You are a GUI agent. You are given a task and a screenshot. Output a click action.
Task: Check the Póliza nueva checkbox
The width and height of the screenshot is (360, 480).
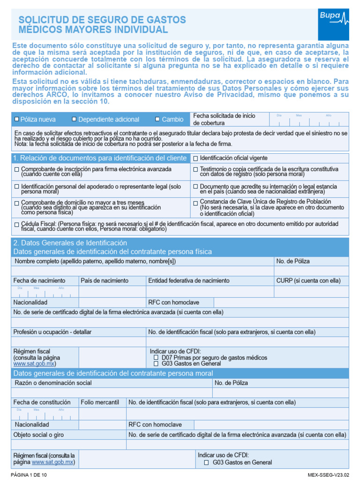[17, 120]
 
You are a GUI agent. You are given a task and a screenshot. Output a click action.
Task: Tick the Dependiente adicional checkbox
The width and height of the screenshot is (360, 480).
[74, 120]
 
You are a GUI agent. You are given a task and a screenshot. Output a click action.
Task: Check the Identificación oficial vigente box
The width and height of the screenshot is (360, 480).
[196, 158]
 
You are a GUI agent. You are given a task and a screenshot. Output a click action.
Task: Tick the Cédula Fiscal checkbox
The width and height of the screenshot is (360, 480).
[17, 225]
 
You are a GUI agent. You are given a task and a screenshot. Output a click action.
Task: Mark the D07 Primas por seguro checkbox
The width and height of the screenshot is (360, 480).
[157, 358]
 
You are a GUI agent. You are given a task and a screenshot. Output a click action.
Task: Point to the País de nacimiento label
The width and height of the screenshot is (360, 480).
[105, 280]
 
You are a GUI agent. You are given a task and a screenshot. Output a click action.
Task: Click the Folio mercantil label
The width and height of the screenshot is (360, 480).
[100, 402]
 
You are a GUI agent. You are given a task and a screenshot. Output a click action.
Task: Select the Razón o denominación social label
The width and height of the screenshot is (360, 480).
[52, 383]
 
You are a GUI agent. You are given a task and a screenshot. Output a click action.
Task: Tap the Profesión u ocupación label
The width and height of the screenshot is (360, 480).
[52, 332]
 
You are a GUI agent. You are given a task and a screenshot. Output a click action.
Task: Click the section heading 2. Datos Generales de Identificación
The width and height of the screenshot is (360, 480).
[70, 243]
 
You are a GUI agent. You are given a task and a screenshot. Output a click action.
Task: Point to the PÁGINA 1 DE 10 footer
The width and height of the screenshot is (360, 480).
[29, 475]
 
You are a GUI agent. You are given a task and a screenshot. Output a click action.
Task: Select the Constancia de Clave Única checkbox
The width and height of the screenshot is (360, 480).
[196, 203]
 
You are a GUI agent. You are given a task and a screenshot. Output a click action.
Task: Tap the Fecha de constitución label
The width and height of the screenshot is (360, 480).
[42, 402]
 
